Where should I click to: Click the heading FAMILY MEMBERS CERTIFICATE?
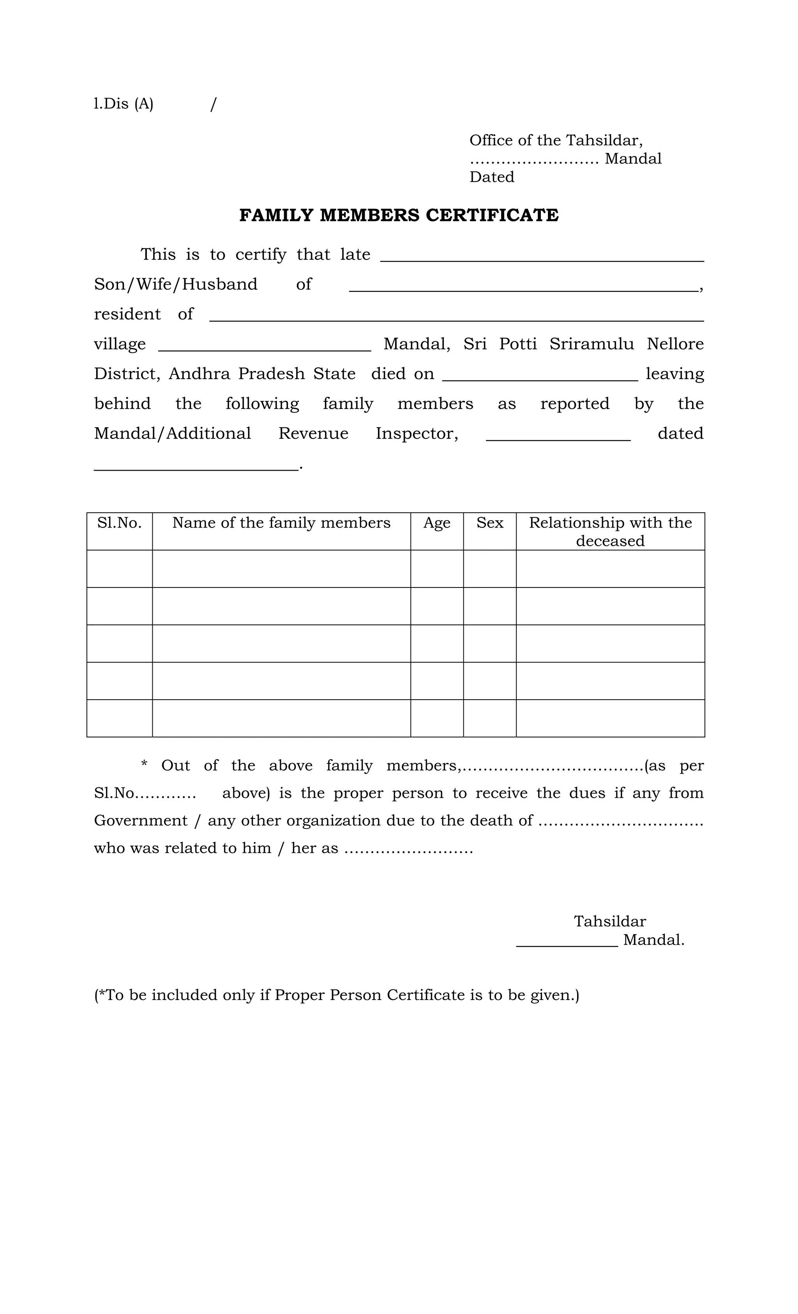399,215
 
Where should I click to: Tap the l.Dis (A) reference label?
123,104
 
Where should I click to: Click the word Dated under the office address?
491,177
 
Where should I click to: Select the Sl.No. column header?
120,523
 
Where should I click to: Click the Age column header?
436,523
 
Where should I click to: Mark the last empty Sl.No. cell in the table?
120,718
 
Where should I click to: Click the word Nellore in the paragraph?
675,344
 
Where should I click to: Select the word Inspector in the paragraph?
417,434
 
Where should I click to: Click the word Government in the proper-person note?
140,820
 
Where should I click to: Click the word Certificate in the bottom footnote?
425,995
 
